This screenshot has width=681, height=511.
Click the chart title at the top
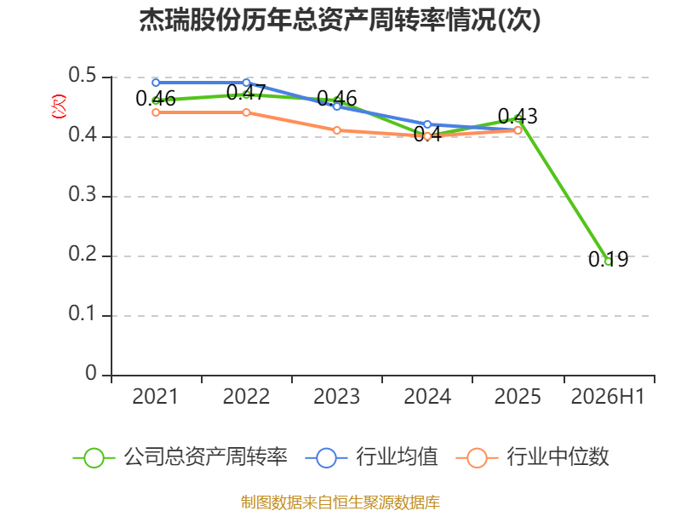pyautogui.click(x=340, y=20)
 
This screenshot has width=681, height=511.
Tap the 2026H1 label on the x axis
pyautogui.click(x=608, y=396)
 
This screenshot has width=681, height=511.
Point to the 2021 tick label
pyautogui.click(x=155, y=396)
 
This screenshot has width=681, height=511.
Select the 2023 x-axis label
pyautogui.click(x=336, y=396)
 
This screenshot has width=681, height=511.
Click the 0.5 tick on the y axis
pyautogui.click(x=82, y=75)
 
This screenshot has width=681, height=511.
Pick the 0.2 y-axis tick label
pyautogui.click(x=82, y=254)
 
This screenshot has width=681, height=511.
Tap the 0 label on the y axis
pyautogui.click(x=91, y=373)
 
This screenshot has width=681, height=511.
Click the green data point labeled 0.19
pyautogui.click(x=608, y=261)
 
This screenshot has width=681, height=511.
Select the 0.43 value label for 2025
pyautogui.click(x=518, y=117)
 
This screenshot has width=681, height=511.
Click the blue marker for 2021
pyautogui.click(x=156, y=83)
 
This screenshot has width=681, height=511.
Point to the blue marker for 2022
pyautogui.click(x=246, y=83)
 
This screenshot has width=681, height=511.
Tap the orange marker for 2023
pyautogui.click(x=336, y=130)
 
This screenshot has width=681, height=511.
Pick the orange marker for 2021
pyautogui.click(x=156, y=112)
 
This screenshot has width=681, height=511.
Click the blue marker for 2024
pyautogui.click(x=427, y=124)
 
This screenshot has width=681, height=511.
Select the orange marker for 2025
pyautogui.click(x=518, y=130)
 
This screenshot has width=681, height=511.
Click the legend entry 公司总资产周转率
pyautogui.click(x=180, y=457)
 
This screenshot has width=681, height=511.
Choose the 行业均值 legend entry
pyautogui.click(x=372, y=457)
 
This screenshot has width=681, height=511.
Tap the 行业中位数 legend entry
pyautogui.click(x=533, y=457)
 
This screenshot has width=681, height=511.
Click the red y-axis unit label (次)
pyautogui.click(x=59, y=106)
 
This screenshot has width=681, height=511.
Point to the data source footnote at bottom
pyautogui.click(x=340, y=502)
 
